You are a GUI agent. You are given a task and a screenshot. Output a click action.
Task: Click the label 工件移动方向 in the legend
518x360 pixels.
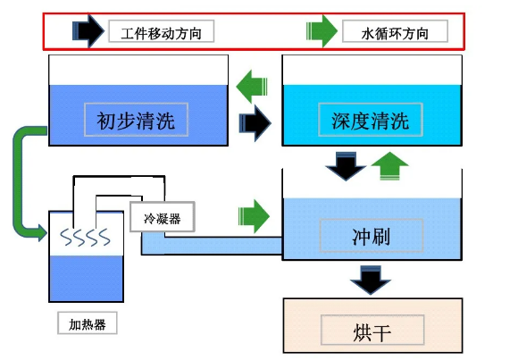(162, 31)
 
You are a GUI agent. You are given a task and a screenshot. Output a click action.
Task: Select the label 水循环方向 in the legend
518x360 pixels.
(395, 31)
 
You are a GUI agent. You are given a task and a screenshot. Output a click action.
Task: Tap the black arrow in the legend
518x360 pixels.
(88, 30)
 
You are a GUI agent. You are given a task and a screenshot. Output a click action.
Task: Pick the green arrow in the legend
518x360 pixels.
(322, 31)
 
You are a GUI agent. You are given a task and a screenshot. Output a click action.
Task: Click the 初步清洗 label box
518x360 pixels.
(136, 120)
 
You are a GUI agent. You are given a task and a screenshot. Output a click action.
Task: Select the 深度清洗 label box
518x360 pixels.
(371, 120)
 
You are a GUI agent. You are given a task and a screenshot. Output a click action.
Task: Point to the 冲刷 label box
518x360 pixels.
(372, 235)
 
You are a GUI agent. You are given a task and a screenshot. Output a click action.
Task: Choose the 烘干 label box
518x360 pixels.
(372, 330)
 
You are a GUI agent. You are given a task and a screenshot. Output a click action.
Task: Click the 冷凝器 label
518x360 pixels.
(163, 217)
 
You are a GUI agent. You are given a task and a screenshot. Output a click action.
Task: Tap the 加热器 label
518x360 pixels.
(88, 323)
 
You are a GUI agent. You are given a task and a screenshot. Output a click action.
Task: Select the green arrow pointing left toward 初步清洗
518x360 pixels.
(252, 87)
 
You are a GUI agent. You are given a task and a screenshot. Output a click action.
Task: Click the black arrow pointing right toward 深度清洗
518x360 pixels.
(255, 123)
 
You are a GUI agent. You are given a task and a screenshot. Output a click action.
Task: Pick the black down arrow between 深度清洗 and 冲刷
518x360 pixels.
(346, 166)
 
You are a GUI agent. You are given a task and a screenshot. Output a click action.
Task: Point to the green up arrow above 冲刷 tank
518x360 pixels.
(390, 166)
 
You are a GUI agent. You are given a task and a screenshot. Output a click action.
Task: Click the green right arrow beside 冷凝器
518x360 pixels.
(254, 216)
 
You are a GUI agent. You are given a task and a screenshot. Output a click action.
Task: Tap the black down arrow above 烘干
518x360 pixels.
(371, 280)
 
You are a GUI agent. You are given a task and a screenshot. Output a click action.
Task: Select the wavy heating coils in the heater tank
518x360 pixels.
(85, 237)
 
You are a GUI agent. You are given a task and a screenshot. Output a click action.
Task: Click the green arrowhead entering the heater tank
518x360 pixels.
(42, 233)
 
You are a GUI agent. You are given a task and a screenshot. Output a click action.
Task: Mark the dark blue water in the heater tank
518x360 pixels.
(87, 278)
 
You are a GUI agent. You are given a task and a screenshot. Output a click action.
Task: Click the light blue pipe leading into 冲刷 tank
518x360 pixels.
(212, 245)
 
